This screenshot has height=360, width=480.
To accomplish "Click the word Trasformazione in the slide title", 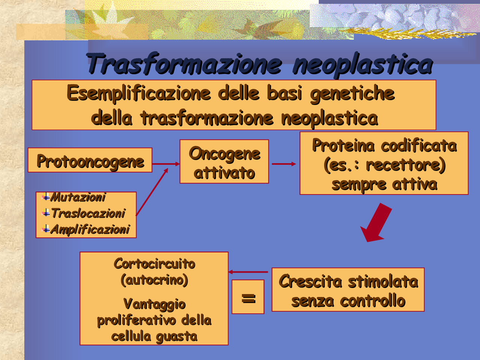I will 184,64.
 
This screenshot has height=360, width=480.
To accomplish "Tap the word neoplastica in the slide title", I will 363,64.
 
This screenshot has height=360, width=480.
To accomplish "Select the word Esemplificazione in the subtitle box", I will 138,93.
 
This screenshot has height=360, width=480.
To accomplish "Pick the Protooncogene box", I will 90,160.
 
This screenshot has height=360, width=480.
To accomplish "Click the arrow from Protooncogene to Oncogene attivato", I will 166,164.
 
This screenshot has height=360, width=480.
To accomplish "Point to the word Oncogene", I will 224,154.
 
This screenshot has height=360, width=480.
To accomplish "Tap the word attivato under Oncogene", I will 224,173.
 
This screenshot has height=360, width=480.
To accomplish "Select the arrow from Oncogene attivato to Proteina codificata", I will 283,164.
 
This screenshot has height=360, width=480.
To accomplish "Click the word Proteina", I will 343,145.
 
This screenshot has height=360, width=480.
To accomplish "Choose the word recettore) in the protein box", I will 405,165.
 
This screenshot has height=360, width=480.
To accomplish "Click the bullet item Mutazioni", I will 78,197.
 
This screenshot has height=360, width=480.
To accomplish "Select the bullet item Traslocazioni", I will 88,213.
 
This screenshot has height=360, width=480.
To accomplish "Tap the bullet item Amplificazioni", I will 90,229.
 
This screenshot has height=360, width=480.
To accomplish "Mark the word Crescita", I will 310,282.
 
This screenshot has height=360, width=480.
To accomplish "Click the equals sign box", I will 248,297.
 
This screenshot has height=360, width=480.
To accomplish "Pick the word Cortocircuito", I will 154,264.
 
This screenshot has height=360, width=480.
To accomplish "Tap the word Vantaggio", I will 154,304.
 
